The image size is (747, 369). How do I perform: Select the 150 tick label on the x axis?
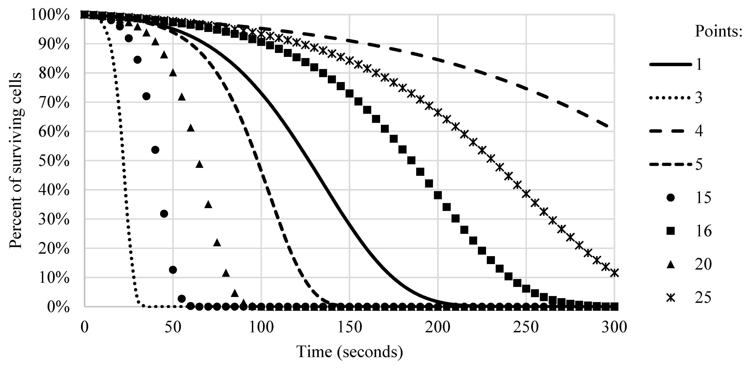pos(350,327)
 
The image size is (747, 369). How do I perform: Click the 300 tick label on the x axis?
pos(614,327)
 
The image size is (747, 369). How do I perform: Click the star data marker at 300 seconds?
pos(614,273)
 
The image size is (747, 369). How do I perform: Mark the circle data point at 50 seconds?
pos(173,270)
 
